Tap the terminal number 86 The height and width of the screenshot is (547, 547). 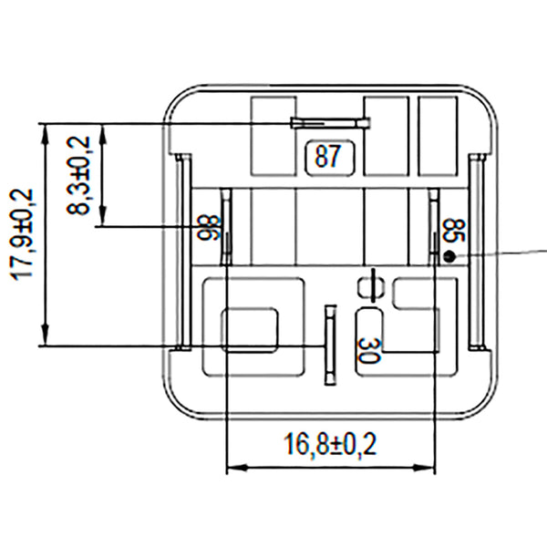(x=208, y=227)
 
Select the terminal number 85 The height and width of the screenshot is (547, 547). (x=449, y=230)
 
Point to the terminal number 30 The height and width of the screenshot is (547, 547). (x=369, y=350)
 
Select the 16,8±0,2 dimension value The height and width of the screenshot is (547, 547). (x=330, y=445)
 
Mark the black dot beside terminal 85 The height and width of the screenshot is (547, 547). (x=449, y=256)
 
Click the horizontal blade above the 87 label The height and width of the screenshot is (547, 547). (x=329, y=123)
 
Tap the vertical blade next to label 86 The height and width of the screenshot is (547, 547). (x=226, y=224)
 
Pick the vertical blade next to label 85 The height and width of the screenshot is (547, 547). (x=434, y=224)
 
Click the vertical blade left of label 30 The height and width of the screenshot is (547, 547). (x=329, y=345)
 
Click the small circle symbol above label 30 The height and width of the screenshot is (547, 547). (x=369, y=287)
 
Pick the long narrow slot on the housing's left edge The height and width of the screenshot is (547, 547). (x=182, y=251)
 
